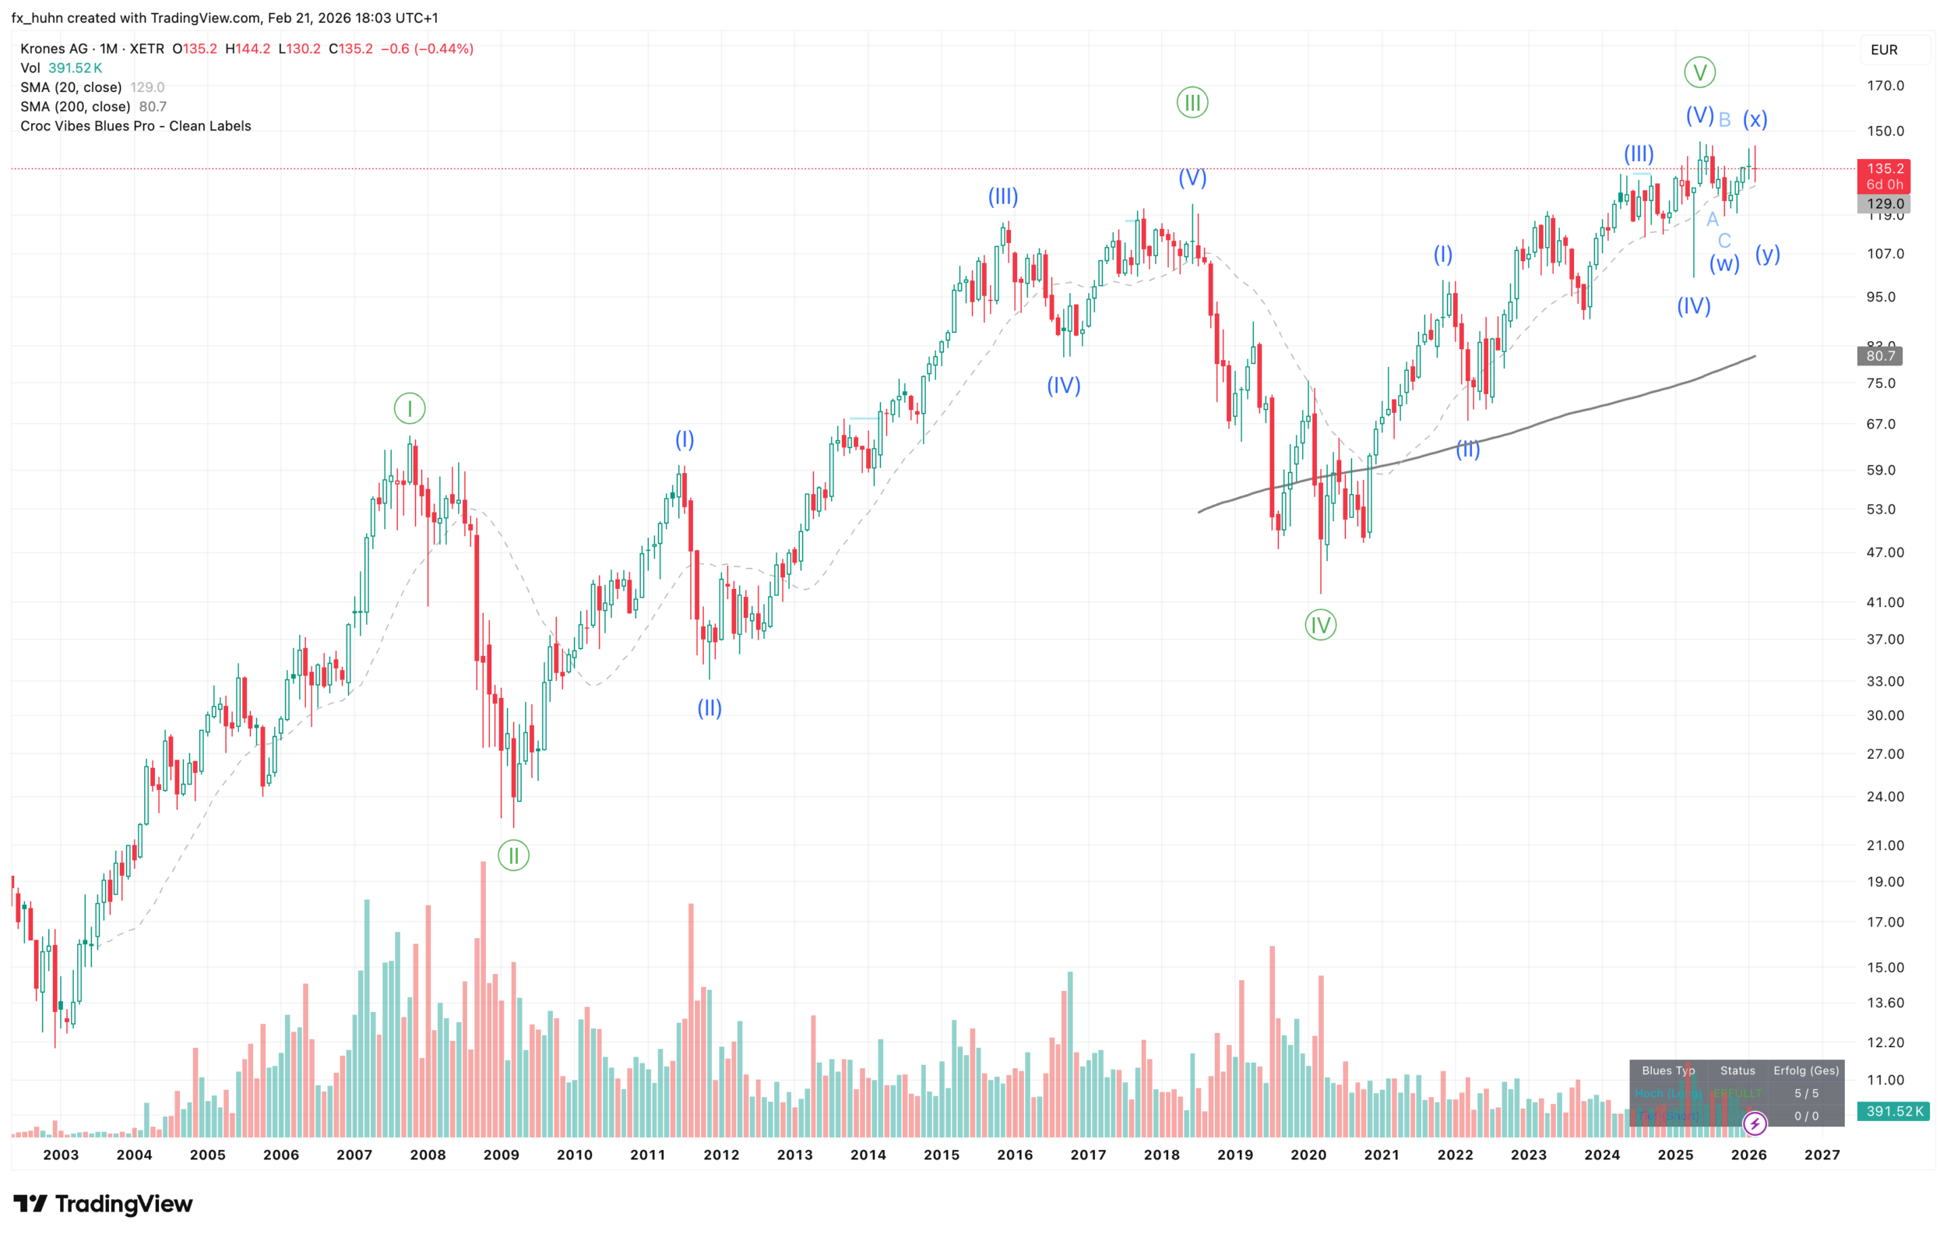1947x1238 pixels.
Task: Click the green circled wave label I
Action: click(409, 408)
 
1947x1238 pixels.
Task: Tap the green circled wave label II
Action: click(513, 855)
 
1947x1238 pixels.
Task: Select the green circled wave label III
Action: click(1192, 103)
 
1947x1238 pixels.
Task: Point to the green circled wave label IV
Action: click(1320, 625)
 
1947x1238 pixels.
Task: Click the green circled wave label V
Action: click(1699, 72)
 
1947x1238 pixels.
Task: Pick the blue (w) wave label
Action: click(1723, 263)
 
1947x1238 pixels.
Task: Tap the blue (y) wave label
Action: click(1768, 254)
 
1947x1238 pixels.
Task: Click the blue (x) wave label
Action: click(1755, 120)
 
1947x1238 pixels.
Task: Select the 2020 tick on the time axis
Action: click(1308, 1155)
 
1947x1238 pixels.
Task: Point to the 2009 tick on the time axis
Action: click(502, 1155)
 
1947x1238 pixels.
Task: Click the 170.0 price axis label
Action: click(1885, 86)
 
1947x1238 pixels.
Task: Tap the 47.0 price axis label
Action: click(1885, 552)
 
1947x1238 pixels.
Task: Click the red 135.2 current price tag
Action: click(1884, 169)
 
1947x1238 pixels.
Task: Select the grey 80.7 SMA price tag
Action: click(1880, 356)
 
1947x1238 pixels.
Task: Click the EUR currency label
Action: click(1884, 50)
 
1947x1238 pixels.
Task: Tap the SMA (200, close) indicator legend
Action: click(76, 107)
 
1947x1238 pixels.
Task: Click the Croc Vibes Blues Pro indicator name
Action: click(136, 126)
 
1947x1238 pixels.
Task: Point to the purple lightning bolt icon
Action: click(1754, 1123)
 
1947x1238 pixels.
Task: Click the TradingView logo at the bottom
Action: click(104, 1204)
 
